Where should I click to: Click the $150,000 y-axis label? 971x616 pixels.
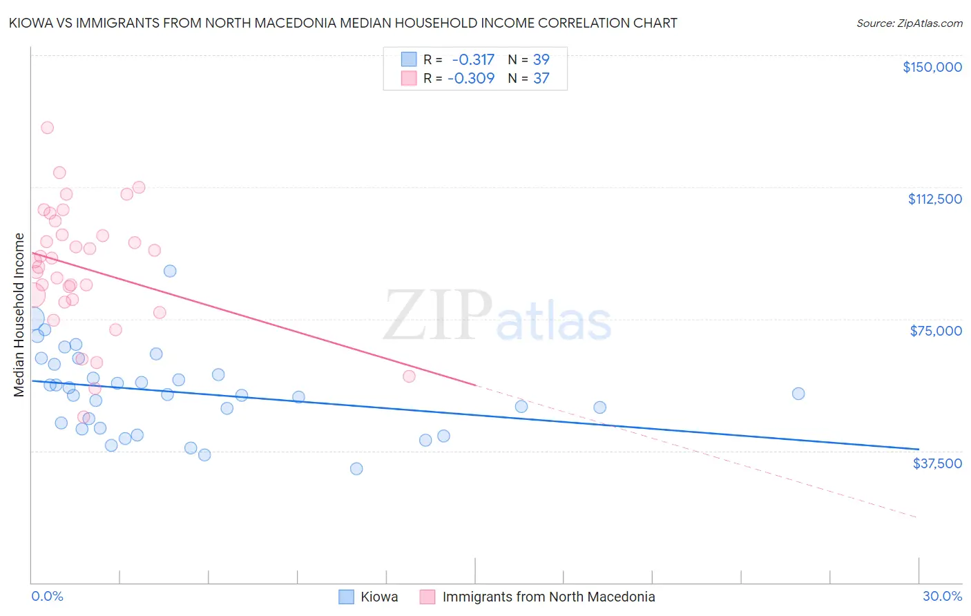pos(932,67)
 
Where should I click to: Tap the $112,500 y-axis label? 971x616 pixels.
pos(934,199)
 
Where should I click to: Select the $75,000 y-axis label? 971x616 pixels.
pos(936,331)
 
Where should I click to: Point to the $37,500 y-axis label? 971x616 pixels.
pos(937,463)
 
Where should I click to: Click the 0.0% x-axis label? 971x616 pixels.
pos(47,596)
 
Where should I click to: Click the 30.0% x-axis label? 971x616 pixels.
pos(942,596)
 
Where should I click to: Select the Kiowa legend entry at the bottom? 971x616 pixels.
pos(378,597)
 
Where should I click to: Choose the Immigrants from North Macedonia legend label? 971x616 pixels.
pos(548,597)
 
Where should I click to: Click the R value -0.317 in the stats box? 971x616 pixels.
pos(473,59)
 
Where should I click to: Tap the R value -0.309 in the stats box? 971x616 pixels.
pos(471,78)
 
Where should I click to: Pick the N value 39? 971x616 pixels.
pos(541,59)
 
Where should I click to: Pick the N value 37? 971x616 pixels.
pos(541,78)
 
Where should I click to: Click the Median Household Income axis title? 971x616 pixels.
pos(19,315)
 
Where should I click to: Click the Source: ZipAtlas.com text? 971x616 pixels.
pos(909,23)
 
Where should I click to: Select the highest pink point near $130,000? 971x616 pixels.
pos(47,128)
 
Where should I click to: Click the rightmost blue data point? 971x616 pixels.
pos(798,394)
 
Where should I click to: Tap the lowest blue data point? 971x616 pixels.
pos(356,469)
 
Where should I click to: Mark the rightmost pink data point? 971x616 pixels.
pos(409,376)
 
